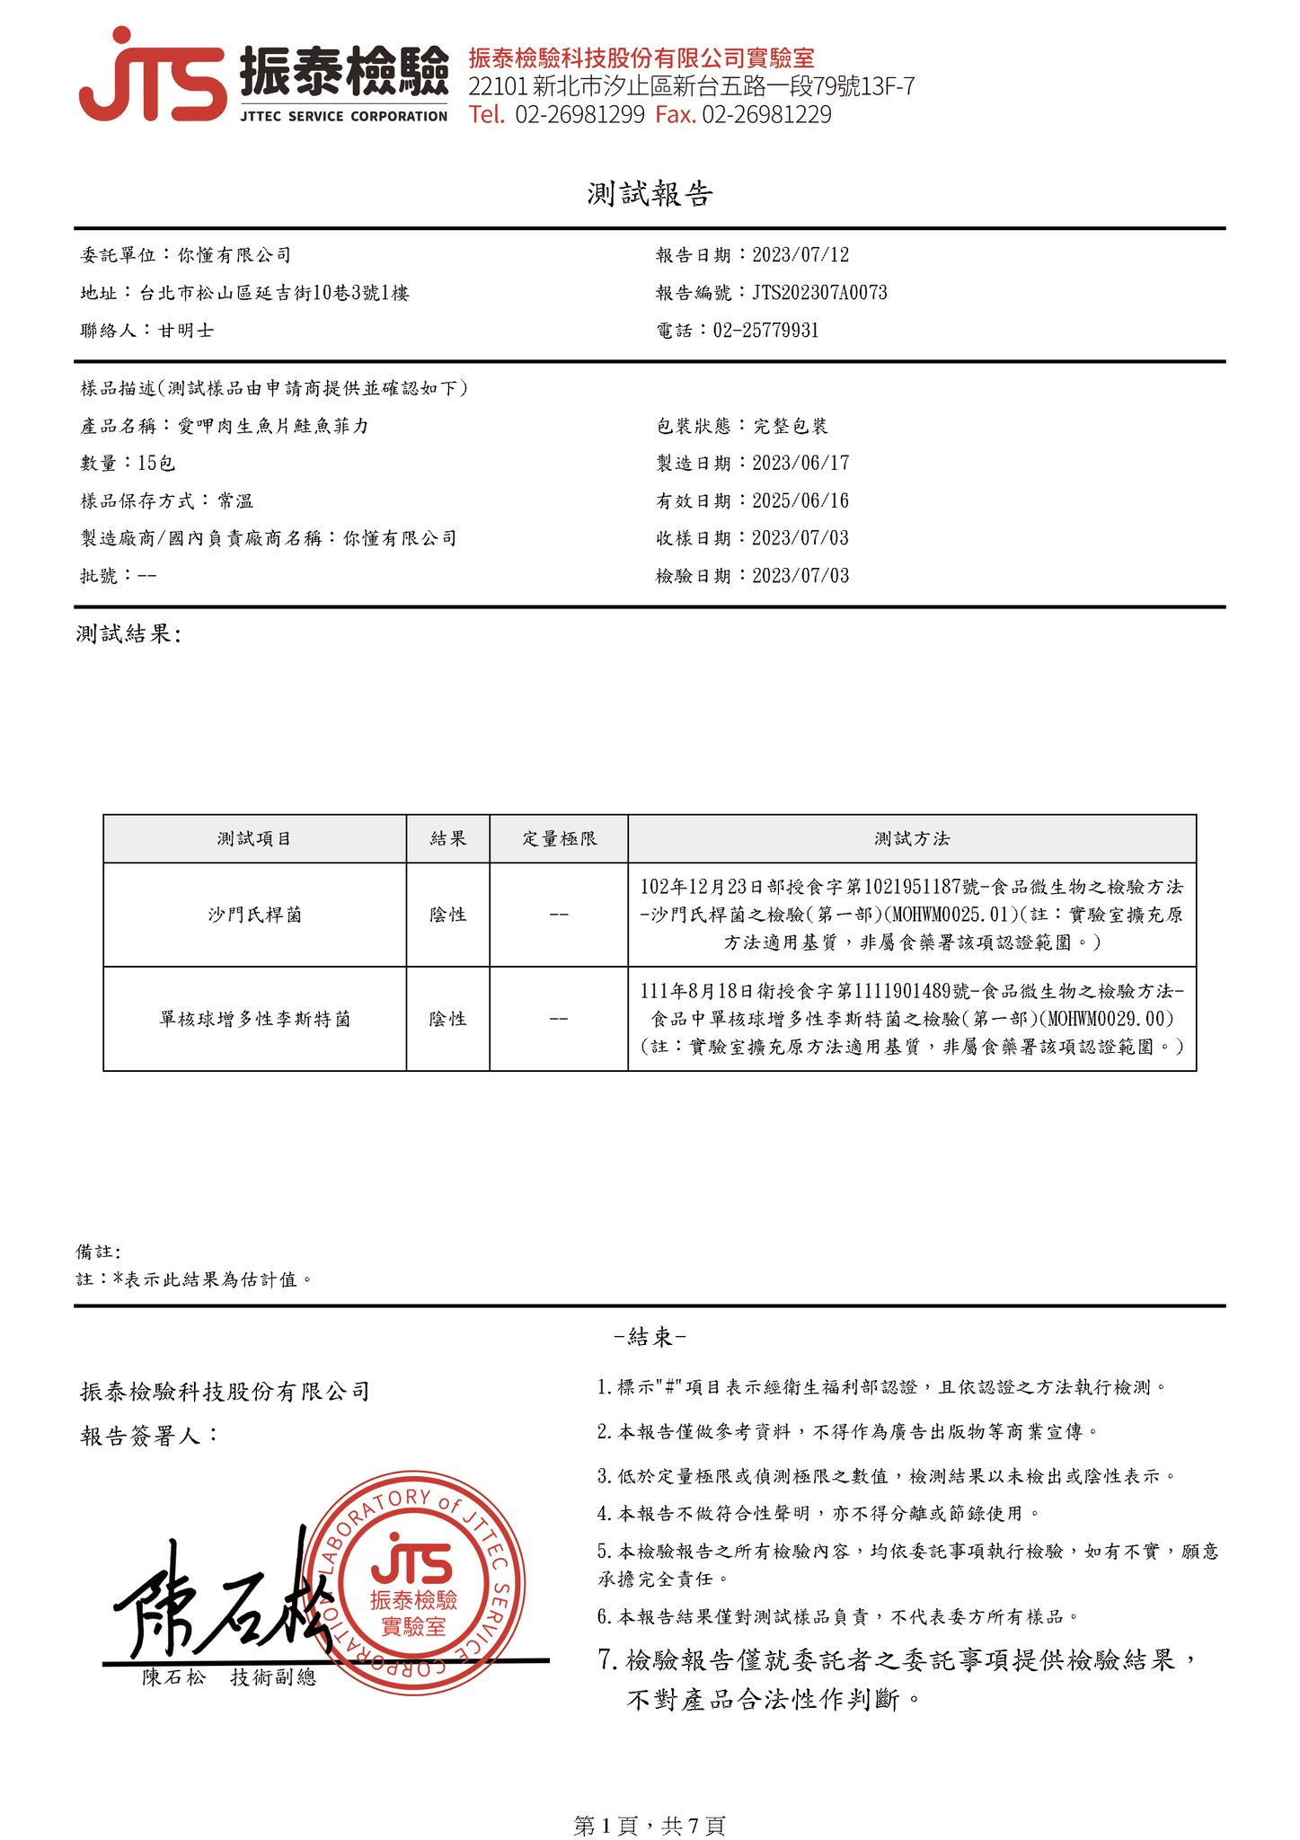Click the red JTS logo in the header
(153, 77)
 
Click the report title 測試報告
(650, 194)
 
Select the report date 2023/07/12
(800, 255)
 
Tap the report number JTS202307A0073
(819, 293)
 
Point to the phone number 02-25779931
(765, 331)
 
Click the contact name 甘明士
(186, 331)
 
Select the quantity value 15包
(156, 464)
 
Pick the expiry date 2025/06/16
(800, 501)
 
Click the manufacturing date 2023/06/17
(800, 464)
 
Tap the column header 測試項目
(254, 839)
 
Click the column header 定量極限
(559, 839)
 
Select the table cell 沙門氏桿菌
(254, 915)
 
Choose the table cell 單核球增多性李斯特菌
(254, 1019)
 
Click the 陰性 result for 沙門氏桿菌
(447, 915)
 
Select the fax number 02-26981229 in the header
(766, 115)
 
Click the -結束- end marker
(650, 1337)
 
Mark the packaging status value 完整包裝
(790, 426)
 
